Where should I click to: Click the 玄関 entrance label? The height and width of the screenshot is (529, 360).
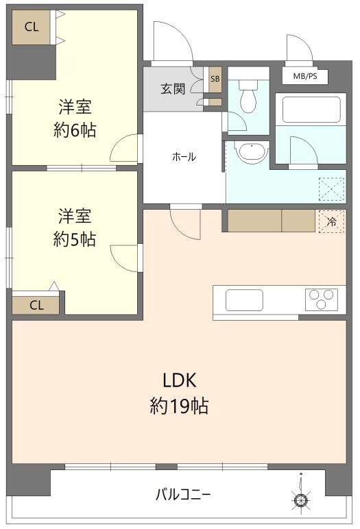click(173, 88)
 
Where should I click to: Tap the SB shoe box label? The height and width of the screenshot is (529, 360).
click(215, 79)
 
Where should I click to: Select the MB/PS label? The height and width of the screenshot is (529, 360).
click(305, 76)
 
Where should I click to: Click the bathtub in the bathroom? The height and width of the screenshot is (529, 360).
click(311, 110)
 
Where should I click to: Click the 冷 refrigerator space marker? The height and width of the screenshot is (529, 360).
click(332, 221)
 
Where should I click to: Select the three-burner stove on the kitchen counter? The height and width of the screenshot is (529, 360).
click(321, 299)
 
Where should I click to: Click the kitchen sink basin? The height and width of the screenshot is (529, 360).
click(244, 300)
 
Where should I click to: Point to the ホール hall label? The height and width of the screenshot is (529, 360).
click(184, 157)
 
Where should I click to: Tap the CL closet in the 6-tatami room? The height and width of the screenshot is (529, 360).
click(32, 27)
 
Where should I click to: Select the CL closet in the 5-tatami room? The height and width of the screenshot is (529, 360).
click(36, 305)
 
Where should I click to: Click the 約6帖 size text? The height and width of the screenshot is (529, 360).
click(75, 130)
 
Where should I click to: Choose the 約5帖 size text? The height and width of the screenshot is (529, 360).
click(74, 239)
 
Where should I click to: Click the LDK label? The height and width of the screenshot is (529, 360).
click(180, 380)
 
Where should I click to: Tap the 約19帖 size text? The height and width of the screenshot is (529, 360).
click(179, 406)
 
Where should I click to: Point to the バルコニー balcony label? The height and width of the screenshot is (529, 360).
click(183, 495)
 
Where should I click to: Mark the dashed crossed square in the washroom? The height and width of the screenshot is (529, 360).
click(332, 189)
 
